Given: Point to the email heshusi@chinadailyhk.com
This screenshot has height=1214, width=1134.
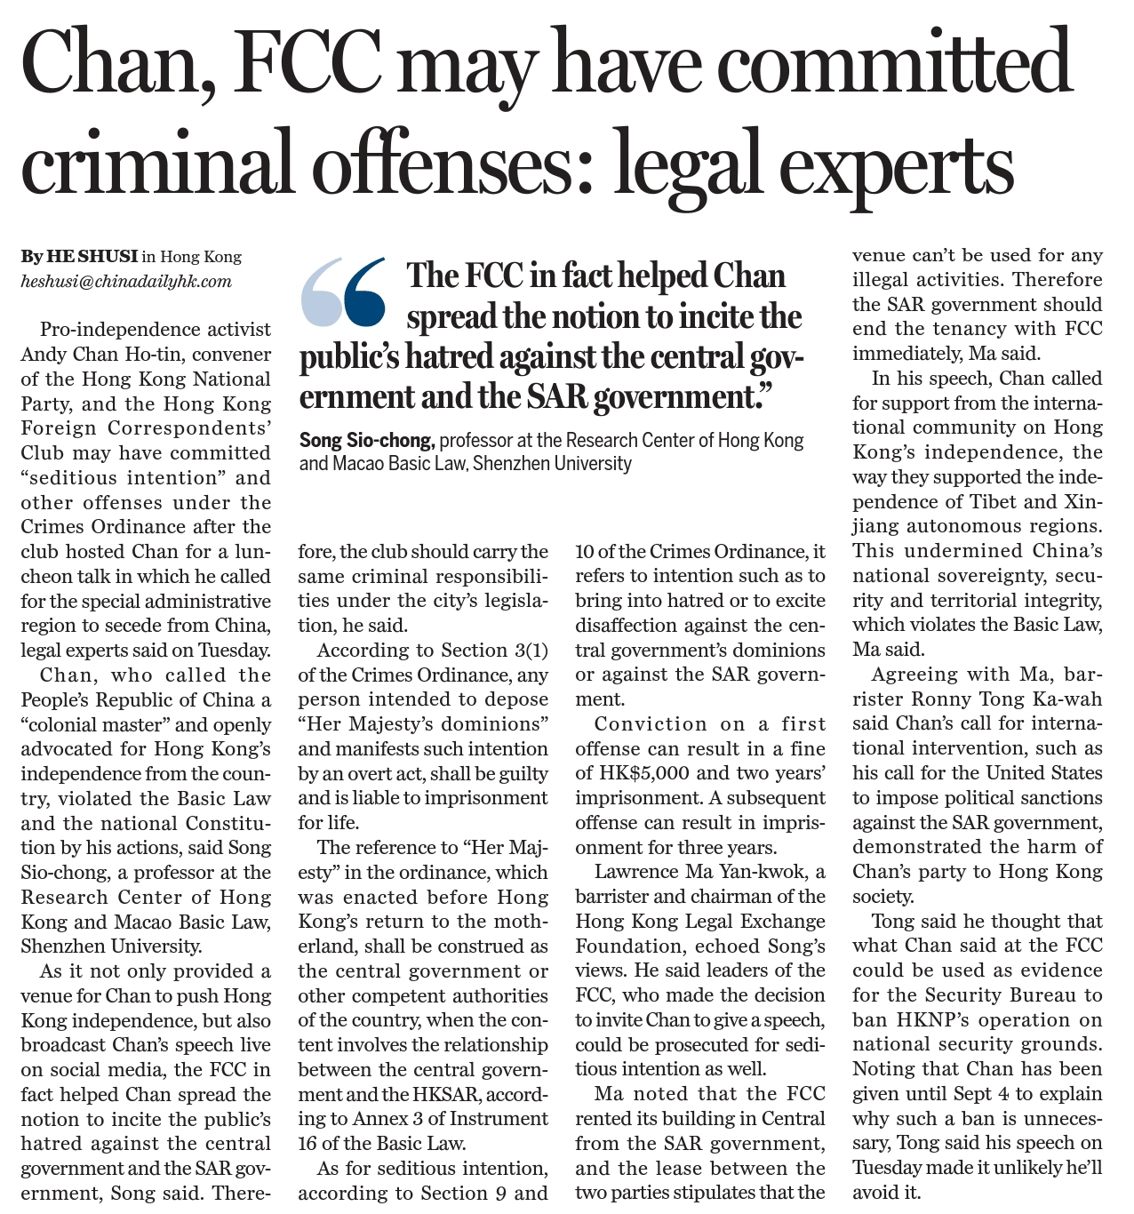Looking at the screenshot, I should [126, 282].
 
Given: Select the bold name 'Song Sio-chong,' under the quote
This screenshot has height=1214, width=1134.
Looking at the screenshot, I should [366, 440].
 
